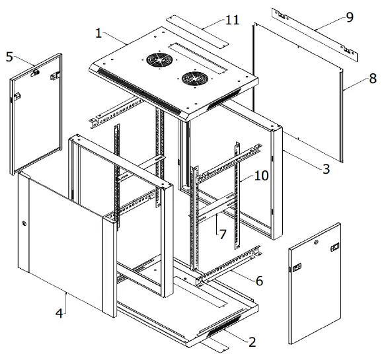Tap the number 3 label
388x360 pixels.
point(325,170)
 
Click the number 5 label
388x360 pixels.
point(9,57)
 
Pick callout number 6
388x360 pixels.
point(259,281)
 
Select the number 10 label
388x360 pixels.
point(243,176)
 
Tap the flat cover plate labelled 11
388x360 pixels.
point(197,31)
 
